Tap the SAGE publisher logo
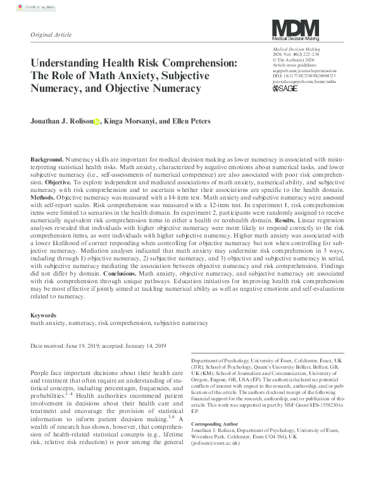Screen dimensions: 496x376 (x=285, y=88)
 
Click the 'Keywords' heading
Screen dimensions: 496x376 (x=44, y=315)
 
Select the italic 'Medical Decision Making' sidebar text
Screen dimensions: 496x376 (x=296, y=49)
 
